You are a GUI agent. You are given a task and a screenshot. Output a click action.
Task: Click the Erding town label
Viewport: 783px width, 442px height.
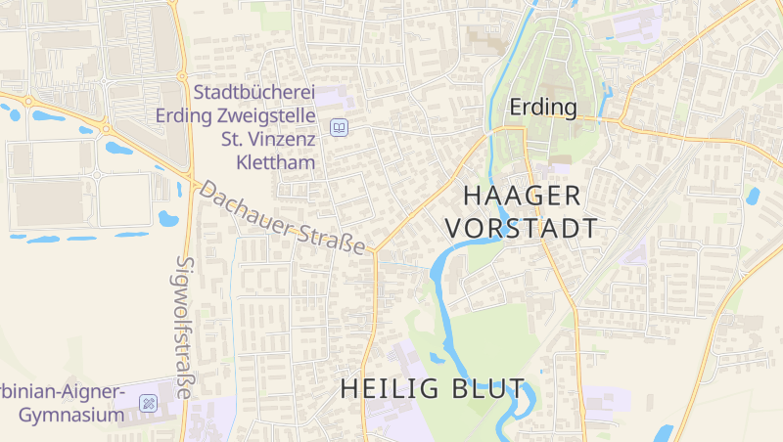(543, 106)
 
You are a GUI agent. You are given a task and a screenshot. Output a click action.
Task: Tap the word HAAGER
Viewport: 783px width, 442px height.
(523, 195)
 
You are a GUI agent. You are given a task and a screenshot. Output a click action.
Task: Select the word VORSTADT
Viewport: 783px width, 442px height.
(522, 229)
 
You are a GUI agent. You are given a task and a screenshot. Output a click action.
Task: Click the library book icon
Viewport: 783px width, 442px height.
(339, 127)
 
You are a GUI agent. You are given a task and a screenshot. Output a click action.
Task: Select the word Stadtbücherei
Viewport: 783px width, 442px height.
(254, 93)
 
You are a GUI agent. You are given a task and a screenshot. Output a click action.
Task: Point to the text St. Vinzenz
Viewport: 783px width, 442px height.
(268, 139)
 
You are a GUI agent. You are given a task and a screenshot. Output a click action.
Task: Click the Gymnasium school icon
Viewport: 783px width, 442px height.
(148, 402)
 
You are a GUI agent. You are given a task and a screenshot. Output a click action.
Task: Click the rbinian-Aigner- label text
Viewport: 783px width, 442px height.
(63, 392)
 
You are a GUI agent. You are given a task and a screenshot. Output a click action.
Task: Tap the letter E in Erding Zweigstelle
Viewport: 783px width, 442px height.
(162, 115)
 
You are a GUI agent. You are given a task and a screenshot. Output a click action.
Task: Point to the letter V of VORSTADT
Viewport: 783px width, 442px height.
(454, 229)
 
